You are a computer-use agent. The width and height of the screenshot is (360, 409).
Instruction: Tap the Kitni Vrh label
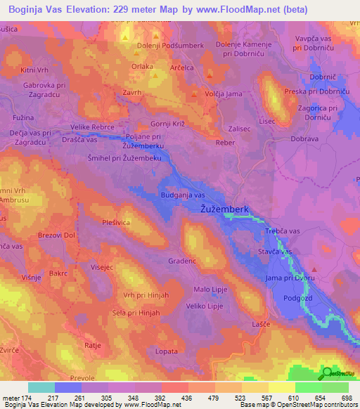[35, 70]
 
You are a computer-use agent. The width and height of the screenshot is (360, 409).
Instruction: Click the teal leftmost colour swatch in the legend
[41, 387]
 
